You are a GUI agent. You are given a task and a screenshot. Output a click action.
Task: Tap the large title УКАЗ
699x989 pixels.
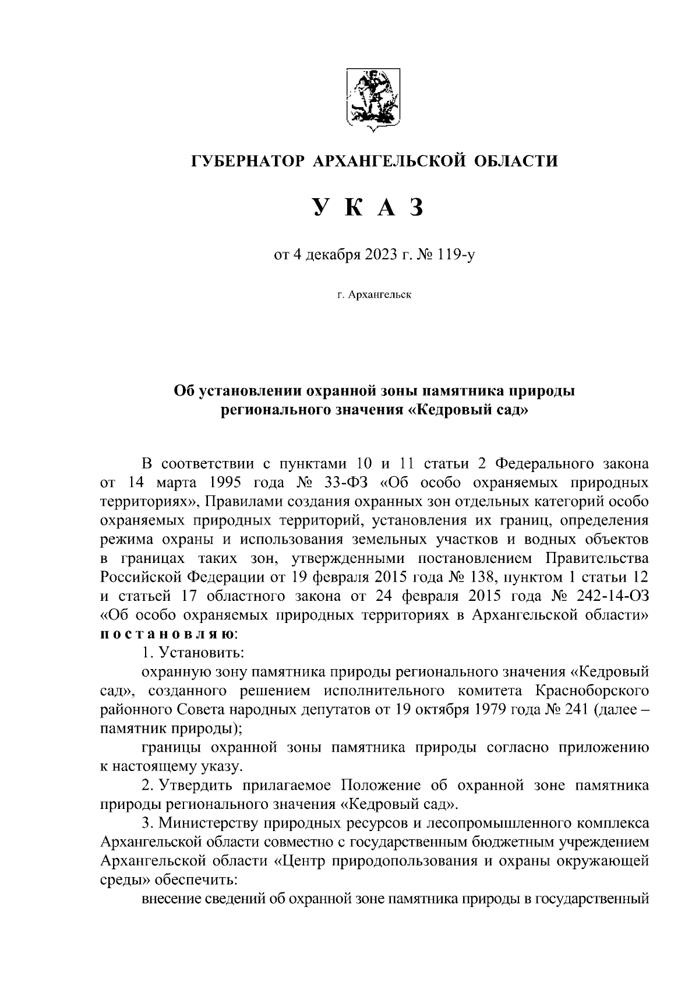pos(368,207)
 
